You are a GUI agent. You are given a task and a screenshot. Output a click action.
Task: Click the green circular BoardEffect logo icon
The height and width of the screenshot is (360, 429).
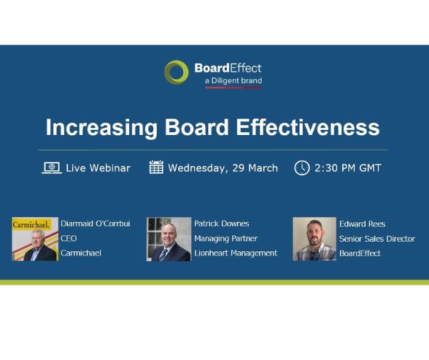[x=176, y=72]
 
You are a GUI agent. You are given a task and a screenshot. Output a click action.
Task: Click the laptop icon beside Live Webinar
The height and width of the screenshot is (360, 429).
[x=51, y=168]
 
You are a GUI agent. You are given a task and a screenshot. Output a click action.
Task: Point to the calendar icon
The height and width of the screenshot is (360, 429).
[x=156, y=168]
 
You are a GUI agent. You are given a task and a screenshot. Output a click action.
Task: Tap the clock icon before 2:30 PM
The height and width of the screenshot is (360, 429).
[x=301, y=168]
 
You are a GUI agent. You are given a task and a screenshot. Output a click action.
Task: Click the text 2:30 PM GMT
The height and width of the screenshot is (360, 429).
[x=347, y=168]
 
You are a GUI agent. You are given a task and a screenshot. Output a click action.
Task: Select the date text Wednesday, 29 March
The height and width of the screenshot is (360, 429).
[x=223, y=168]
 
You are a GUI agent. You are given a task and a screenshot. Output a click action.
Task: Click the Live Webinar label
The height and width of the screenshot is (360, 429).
[x=98, y=168]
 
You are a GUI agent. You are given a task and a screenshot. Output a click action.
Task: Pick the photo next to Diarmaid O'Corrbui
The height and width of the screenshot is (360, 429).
[x=34, y=239]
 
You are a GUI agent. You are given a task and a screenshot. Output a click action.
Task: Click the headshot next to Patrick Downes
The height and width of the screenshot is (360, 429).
[x=169, y=239]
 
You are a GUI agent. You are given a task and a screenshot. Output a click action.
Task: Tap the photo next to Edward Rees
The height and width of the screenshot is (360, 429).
[x=314, y=239]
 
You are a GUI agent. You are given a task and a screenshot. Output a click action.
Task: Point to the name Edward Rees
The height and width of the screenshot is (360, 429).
[x=362, y=224]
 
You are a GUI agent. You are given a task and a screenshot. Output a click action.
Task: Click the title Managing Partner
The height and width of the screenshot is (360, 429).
[x=225, y=239]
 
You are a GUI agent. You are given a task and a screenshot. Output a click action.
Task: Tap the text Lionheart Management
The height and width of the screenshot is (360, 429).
[x=236, y=253]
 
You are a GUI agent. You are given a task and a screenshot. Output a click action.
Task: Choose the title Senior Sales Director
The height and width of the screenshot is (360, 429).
[x=376, y=239]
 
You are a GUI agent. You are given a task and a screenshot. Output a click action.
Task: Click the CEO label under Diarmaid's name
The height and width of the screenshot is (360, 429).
[x=69, y=239]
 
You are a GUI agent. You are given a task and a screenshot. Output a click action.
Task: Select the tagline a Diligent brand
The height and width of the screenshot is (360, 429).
[x=232, y=80]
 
